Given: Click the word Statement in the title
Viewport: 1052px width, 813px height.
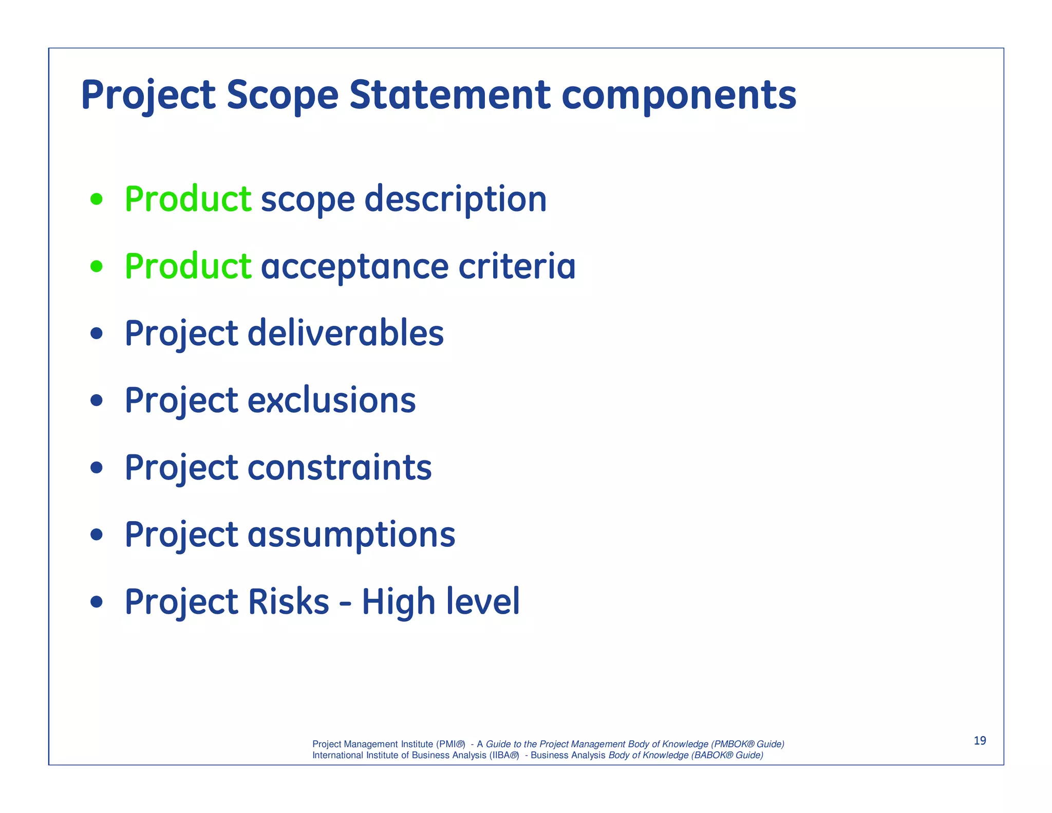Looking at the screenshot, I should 450,95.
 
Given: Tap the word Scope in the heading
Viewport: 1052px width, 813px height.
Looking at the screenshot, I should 282,96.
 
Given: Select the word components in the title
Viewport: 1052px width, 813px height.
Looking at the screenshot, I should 679,96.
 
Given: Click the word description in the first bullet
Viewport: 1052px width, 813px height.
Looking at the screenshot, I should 455,200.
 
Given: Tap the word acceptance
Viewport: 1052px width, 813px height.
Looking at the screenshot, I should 355,267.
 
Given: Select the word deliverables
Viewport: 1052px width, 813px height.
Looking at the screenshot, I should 346,333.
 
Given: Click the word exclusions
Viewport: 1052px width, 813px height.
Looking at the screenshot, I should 332,400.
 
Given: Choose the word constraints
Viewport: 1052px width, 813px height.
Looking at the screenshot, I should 340,468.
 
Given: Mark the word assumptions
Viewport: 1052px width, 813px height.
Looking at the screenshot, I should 351,535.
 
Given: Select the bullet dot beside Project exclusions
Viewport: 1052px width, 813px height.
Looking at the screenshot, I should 96,400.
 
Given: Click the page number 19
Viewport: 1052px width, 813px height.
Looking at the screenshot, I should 980,741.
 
